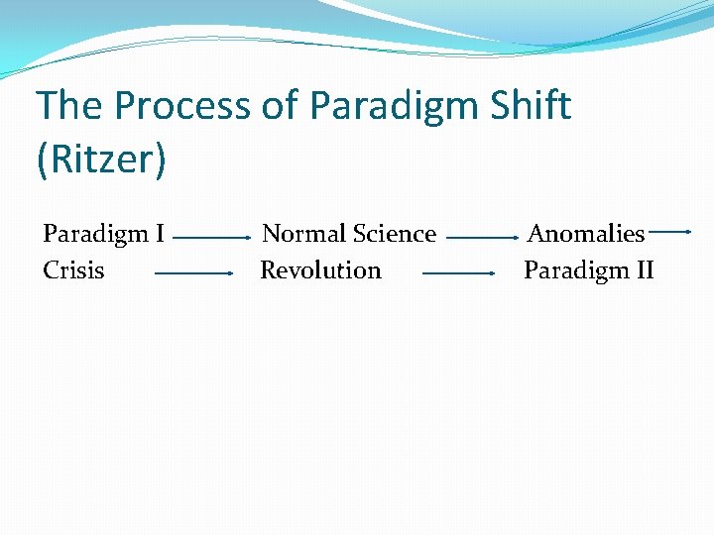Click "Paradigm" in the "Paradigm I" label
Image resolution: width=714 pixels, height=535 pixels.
tap(93, 235)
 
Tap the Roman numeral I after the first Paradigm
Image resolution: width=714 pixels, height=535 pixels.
tap(159, 234)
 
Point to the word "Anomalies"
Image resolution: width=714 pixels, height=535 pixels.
tap(586, 234)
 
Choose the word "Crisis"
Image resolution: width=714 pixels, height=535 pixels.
tap(73, 270)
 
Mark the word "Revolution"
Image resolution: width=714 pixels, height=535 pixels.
tap(320, 270)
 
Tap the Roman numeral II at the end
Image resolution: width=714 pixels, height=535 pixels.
tap(642, 270)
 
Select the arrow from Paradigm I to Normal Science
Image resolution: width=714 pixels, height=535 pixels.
tap(211, 239)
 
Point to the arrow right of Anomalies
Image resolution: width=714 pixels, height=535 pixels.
tap(671, 231)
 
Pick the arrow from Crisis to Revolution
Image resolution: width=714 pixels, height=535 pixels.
tap(192, 272)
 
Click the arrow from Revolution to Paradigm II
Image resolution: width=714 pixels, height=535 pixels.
tap(458, 272)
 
